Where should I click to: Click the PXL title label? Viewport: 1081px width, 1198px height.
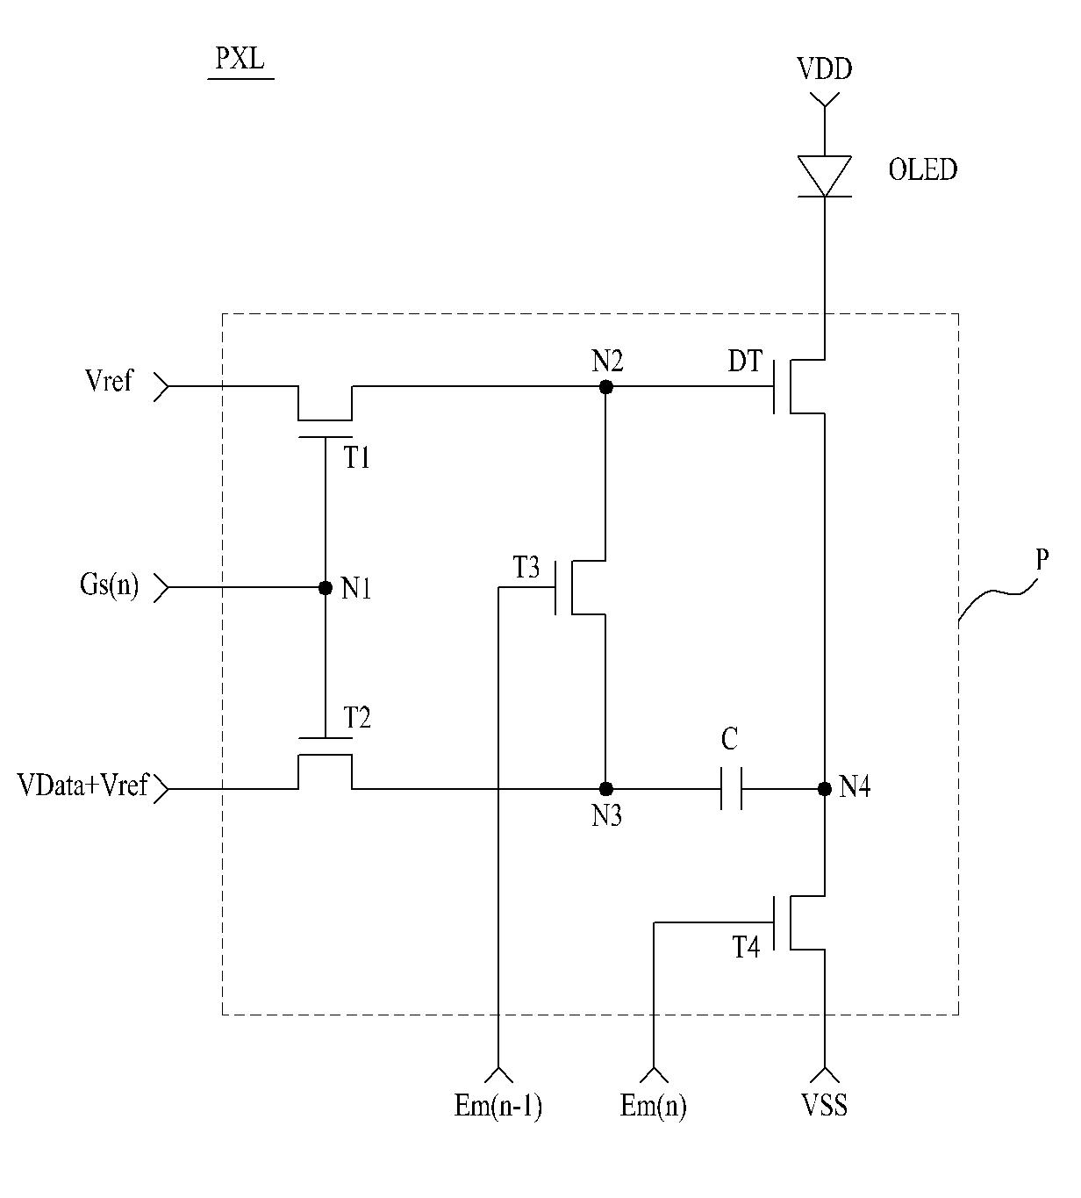click(x=240, y=59)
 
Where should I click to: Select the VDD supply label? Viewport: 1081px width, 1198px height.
click(x=825, y=68)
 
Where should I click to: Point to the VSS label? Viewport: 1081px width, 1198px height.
click(x=825, y=1105)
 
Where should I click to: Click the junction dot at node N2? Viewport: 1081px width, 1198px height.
click(x=606, y=387)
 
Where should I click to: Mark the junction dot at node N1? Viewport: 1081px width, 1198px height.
click(x=326, y=588)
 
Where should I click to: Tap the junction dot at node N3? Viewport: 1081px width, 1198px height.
click(x=606, y=789)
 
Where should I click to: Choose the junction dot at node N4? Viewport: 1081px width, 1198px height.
click(x=825, y=789)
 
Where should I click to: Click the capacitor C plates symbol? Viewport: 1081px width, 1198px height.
click(x=732, y=789)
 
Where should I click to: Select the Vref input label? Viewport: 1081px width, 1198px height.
click(x=109, y=380)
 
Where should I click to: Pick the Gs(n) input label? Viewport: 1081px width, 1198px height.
click(x=109, y=585)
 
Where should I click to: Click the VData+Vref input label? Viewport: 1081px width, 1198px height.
click(x=82, y=785)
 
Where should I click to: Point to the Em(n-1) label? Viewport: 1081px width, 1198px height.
click(x=498, y=1106)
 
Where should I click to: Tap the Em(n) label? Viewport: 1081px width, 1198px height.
click(x=654, y=1106)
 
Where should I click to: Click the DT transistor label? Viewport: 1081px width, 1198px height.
click(x=745, y=361)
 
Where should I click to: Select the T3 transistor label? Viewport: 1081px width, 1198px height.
click(x=526, y=567)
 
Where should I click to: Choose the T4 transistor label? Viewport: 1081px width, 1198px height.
click(x=746, y=947)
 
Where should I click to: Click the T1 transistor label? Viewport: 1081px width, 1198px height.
click(x=356, y=458)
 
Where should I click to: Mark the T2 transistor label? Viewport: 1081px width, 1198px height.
click(x=356, y=717)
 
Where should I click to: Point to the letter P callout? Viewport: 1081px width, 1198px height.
click(x=1042, y=559)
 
